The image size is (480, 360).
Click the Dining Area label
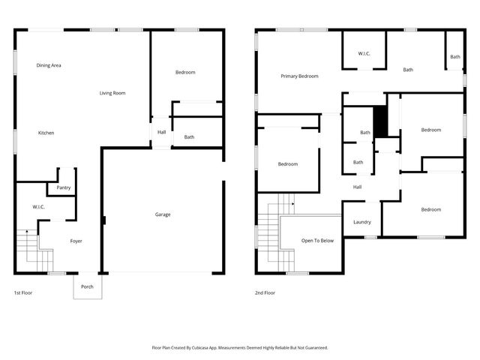pos(49,66)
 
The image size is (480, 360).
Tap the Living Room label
pos(112,93)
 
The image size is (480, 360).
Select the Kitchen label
pos(46,133)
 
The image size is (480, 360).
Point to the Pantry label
pos(64,187)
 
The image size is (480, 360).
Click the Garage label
pos(163,214)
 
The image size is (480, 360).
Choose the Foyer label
pos(76,241)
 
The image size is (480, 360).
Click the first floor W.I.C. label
pos(39,207)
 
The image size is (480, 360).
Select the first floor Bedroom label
pos(185,72)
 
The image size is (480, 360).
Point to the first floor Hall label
pos(161,133)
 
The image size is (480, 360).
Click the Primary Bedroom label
pos(299,76)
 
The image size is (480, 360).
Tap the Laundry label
pos(361,222)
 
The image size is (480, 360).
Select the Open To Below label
pos(317,241)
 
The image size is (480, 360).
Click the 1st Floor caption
pos(23,292)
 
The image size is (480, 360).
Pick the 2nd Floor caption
pos(265,292)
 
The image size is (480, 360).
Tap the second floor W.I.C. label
pos(364,53)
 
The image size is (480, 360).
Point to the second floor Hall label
pos(358,187)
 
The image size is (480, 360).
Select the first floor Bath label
pos(189,137)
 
